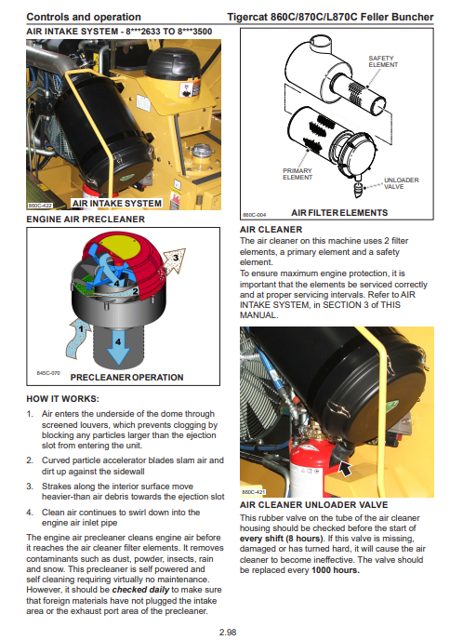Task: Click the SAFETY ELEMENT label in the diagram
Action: coord(383,61)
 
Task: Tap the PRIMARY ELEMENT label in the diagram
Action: coord(298,174)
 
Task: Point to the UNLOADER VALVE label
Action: coord(401,183)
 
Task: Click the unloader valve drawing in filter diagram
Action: coord(358,188)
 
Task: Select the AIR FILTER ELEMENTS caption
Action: coord(339,213)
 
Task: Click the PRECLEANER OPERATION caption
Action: coord(126,378)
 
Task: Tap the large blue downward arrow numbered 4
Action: coord(118,347)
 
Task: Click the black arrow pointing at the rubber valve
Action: coord(345,469)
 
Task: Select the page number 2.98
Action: coord(228,633)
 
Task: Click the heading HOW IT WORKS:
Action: coord(63,399)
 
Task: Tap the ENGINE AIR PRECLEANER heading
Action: coord(86,220)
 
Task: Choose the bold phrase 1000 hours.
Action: coord(336,570)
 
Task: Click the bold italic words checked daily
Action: coord(140,590)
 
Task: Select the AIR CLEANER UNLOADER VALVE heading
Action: coord(313,505)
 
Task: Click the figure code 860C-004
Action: coord(254,215)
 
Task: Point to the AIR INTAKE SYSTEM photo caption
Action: coord(116,204)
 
